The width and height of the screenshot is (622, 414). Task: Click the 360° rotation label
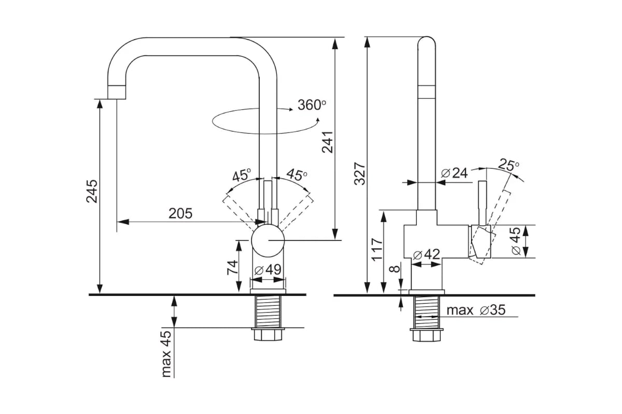(312, 105)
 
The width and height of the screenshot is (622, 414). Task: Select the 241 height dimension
(328, 142)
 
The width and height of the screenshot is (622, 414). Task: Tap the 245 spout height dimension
(92, 191)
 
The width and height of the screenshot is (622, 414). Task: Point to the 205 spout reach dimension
(180, 213)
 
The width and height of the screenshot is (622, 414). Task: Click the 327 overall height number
(360, 173)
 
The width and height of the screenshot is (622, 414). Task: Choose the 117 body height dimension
(377, 249)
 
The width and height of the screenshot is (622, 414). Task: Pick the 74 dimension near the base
(232, 268)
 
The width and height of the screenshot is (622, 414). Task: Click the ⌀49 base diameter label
(267, 269)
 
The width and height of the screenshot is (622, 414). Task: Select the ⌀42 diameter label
(426, 254)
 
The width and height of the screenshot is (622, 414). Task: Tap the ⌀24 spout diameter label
(454, 173)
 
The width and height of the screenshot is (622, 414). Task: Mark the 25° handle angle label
(508, 165)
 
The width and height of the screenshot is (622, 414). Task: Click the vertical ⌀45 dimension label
(516, 241)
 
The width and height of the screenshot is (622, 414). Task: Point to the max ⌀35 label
(476, 310)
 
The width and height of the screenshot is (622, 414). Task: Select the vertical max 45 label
(166, 354)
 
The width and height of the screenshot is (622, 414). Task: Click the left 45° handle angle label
(242, 175)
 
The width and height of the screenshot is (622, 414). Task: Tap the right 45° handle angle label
(297, 174)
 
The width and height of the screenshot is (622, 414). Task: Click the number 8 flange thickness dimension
(394, 269)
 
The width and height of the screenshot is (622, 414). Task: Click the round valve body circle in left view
(267, 241)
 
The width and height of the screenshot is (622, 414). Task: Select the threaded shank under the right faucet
(426, 312)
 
